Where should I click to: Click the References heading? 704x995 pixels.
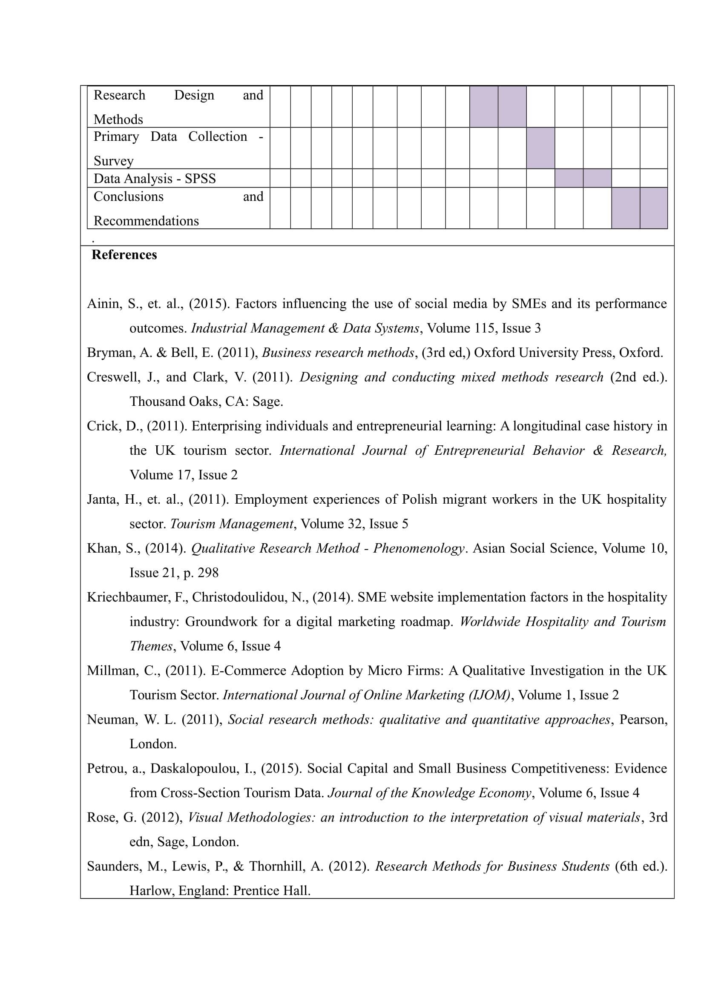tap(124, 255)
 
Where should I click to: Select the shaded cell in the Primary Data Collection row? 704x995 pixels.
tap(540, 148)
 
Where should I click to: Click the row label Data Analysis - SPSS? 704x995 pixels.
tap(155, 179)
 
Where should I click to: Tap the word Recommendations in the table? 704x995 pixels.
tap(146, 221)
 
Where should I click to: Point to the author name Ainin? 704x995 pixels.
tap(103, 304)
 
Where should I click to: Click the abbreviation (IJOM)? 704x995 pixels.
tap(489, 695)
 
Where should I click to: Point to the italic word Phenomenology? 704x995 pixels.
tap(418, 548)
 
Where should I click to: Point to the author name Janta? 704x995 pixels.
tap(102, 499)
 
